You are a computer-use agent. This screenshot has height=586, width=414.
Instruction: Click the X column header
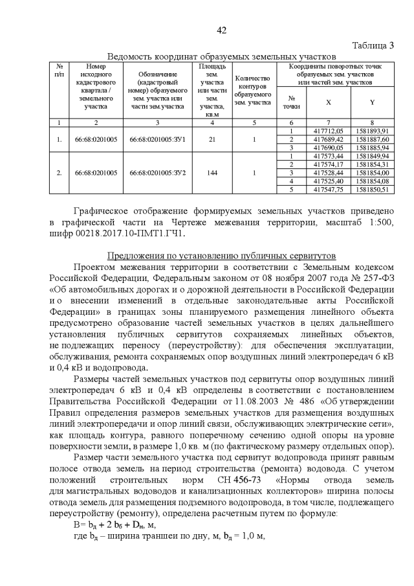click(328, 102)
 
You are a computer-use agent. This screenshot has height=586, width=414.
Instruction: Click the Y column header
click(372, 102)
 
